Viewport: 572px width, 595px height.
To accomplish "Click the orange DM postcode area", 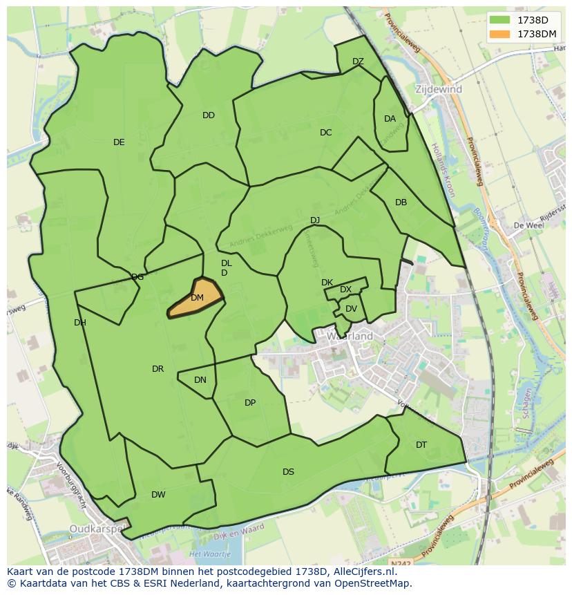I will (197, 298).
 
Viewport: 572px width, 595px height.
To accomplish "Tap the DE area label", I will (119, 142).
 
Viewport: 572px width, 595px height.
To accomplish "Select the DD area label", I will (209, 115).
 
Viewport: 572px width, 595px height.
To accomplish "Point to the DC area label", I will (326, 133).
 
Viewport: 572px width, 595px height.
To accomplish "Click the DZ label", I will (358, 62).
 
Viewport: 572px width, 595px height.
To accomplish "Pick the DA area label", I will (390, 119).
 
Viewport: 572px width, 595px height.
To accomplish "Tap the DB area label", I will (401, 202).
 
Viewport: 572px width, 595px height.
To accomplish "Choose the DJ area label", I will (315, 220).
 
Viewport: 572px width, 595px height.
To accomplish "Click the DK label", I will (327, 283).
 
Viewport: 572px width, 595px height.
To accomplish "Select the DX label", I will (345, 290).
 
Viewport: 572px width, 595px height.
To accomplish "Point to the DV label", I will (351, 309).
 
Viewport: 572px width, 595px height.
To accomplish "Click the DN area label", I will (200, 380).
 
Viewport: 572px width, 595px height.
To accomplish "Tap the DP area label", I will (250, 403).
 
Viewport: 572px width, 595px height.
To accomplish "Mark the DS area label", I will (288, 472).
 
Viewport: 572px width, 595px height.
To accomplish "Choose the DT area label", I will (421, 445).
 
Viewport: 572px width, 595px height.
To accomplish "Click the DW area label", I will (158, 495).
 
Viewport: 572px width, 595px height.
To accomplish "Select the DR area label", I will (158, 369).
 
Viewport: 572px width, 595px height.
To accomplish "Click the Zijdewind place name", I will (439, 90).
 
